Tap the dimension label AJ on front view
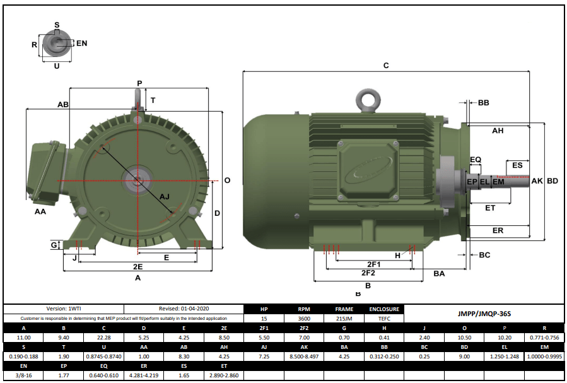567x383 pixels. [x=165, y=197]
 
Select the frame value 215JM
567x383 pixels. [x=344, y=319]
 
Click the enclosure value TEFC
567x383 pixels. [x=385, y=319]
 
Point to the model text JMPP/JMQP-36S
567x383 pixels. [x=483, y=313]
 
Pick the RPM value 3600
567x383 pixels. [x=303, y=319]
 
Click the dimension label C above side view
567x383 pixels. [x=386, y=66]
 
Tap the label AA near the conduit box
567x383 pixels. [x=40, y=212]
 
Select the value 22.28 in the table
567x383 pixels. [x=105, y=338]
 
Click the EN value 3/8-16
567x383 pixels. [x=23, y=375]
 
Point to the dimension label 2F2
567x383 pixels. [x=368, y=273]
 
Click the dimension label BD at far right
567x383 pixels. [x=552, y=181]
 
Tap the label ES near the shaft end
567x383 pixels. [x=517, y=165]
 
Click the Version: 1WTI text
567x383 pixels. [x=64, y=309]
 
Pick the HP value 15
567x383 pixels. [x=264, y=319]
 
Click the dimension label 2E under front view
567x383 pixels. [x=137, y=266]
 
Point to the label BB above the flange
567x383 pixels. [x=484, y=102]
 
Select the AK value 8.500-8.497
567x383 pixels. [x=303, y=356]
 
